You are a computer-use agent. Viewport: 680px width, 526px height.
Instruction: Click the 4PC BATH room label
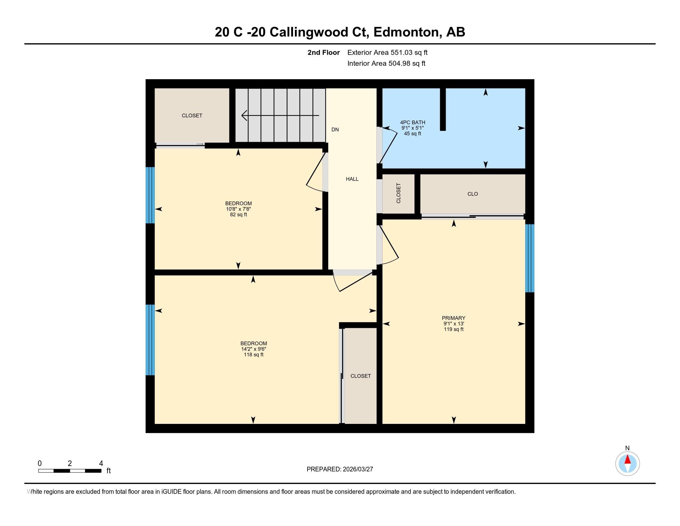coord(413,123)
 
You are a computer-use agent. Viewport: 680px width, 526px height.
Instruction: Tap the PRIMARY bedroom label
coord(453,318)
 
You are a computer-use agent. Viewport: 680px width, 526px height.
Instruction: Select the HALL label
coord(352,179)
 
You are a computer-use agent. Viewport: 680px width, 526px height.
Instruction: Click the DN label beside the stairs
coord(335,130)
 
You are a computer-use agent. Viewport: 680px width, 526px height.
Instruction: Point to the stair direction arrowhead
coord(244,115)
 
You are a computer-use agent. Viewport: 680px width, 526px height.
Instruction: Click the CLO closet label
coord(472,194)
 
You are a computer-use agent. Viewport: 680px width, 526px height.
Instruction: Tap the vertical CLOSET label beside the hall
coord(398,193)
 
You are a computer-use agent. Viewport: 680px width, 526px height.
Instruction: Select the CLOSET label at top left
coord(192,116)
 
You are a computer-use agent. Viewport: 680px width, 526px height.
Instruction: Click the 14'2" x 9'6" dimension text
coord(253,349)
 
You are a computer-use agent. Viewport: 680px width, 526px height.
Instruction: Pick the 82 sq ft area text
coord(239,214)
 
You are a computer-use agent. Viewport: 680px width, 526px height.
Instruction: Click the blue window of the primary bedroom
coord(529,258)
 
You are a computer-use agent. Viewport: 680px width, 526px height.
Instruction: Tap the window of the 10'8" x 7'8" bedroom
coord(150,195)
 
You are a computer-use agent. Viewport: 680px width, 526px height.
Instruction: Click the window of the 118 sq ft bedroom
coord(150,340)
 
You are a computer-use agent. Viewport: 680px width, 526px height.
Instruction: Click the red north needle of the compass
coord(627,459)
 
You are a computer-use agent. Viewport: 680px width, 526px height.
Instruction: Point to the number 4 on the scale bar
coord(100,463)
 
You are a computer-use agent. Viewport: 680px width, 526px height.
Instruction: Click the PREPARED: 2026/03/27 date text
coord(340,469)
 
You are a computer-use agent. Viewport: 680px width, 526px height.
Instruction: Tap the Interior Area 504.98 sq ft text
coord(386,63)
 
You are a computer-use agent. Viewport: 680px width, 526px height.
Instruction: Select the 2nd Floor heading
coord(324,53)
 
